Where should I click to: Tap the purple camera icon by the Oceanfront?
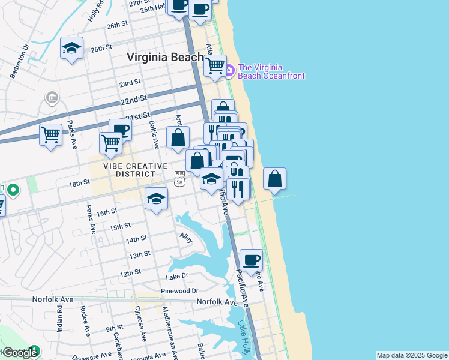click(229, 71)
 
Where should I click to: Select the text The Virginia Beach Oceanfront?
click(271, 71)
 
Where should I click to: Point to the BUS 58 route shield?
click(179, 178)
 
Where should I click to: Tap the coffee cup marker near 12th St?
click(252, 260)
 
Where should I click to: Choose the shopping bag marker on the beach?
click(274, 178)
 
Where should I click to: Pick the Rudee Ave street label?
click(85, 321)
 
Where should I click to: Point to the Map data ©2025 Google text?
click(412, 355)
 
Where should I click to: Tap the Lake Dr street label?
click(177, 275)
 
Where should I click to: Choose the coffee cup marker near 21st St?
click(120, 128)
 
